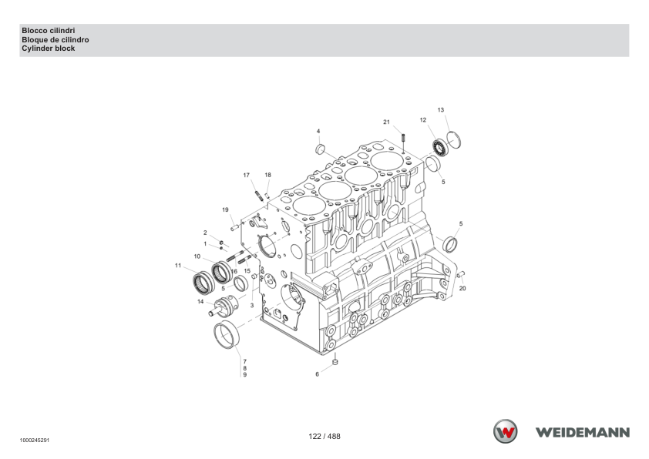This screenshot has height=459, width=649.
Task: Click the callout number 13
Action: click(440, 110)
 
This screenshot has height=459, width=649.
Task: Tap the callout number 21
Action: click(386, 122)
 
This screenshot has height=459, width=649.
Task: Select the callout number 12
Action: click(422, 120)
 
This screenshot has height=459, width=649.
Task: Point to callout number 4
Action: click(318, 131)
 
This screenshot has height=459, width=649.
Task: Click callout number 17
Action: click(247, 175)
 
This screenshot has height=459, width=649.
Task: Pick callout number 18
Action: click(267, 175)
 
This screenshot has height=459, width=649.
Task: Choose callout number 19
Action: click(225, 209)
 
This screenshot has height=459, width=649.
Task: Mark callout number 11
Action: click(178, 266)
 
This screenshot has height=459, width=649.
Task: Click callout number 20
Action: click(462, 288)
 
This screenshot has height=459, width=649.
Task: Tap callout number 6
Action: click(317, 374)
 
